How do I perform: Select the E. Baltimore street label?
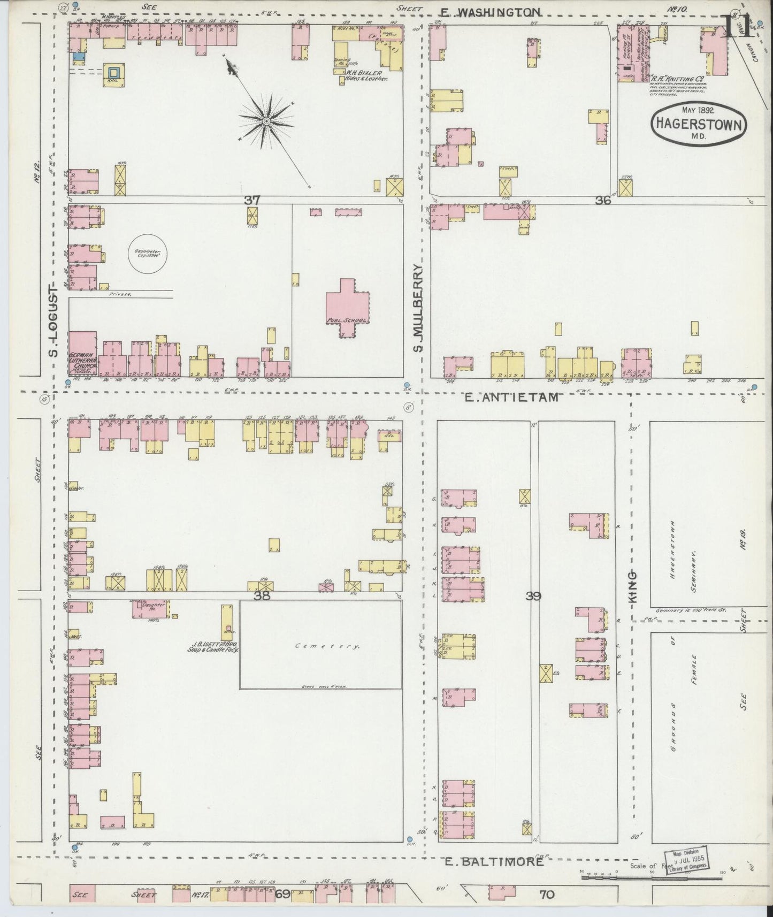click(494, 862)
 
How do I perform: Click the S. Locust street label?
click(54, 321)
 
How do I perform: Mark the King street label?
click(633, 587)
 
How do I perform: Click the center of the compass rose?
click(265, 122)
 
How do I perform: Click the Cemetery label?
click(320, 646)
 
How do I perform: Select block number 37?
click(252, 200)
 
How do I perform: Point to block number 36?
click(603, 200)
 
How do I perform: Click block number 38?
click(262, 595)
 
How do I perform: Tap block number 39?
click(533, 596)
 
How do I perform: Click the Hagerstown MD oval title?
click(699, 124)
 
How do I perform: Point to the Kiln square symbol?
click(112, 72)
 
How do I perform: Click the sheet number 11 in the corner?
click(737, 26)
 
